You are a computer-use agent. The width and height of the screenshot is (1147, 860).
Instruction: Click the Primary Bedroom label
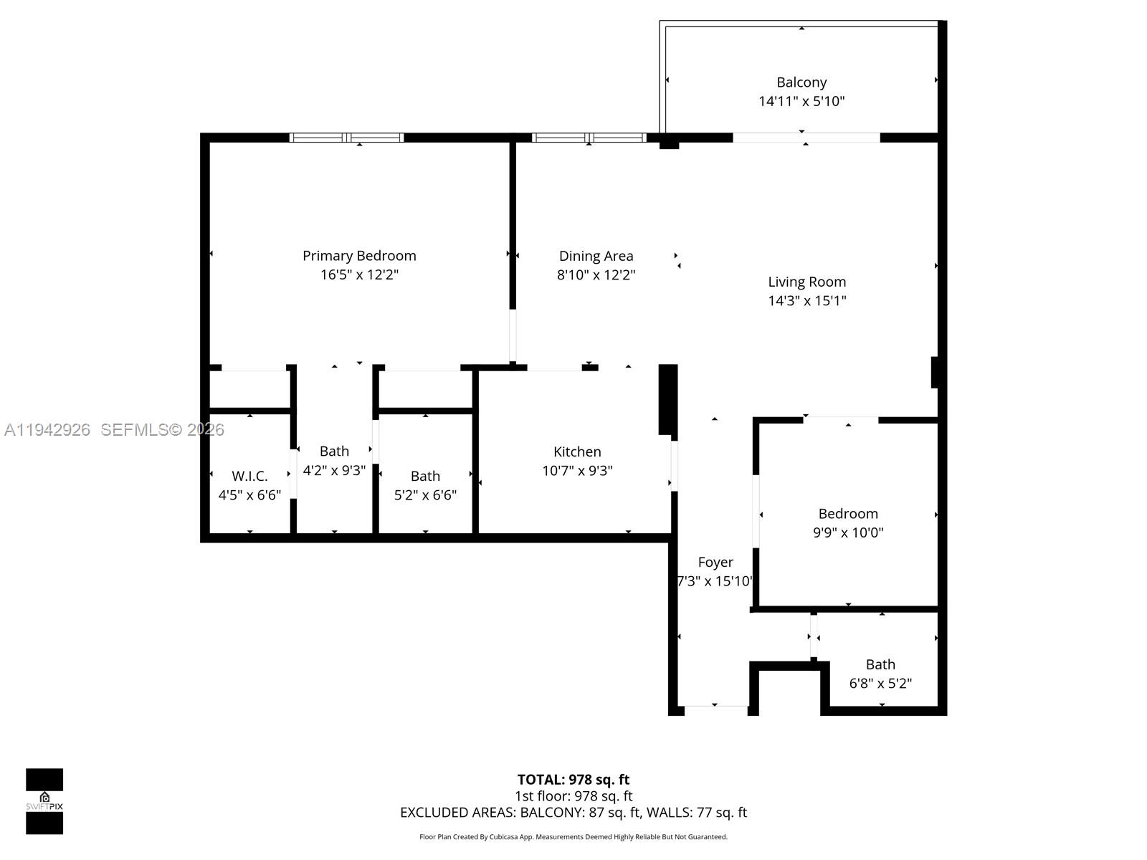(359, 256)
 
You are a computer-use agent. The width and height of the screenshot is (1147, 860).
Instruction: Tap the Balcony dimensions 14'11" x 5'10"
(801, 101)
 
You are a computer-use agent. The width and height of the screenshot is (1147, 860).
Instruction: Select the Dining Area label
(596, 256)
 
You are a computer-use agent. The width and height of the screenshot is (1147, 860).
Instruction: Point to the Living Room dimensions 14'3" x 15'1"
(807, 300)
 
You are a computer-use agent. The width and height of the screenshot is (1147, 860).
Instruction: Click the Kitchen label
(577, 451)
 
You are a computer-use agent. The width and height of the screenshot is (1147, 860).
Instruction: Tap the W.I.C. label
(249, 476)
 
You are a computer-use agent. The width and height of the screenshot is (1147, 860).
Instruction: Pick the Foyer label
(715, 562)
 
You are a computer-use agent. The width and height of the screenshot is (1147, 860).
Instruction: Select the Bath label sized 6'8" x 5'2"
(880, 664)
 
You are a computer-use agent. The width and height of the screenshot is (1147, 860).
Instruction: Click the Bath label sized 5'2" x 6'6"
(425, 476)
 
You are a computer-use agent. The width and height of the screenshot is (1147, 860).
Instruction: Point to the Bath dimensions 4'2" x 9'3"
(334, 470)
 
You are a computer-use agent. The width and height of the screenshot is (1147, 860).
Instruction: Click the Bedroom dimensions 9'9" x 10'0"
(848, 532)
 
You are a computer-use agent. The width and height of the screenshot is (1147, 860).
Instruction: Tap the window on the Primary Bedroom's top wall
(347, 138)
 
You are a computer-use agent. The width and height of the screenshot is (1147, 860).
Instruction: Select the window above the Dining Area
(589, 138)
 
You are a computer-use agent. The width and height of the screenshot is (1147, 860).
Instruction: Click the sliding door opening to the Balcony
(806, 138)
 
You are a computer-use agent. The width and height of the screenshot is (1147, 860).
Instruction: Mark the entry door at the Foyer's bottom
(715, 710)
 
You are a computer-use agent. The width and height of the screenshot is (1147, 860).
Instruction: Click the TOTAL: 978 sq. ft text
(573, 779)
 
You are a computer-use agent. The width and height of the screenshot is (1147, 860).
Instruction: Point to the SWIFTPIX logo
(44, 801)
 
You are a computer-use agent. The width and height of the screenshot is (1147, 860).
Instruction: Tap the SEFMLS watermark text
(162, 429)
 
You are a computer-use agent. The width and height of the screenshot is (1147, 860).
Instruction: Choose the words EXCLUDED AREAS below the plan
(457, 812)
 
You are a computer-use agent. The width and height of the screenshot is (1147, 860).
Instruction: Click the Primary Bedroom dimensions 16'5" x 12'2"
(359, 274)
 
